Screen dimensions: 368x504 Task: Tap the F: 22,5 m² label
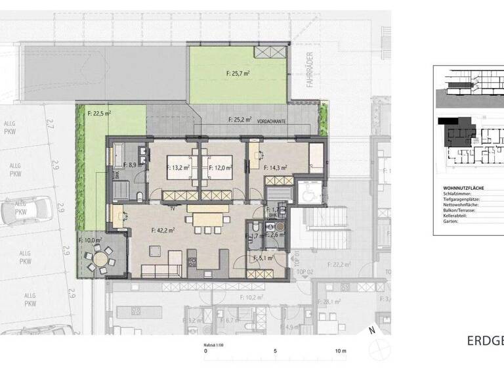click(x=99, y=113)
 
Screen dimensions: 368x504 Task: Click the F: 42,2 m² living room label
click(x=161, y=230)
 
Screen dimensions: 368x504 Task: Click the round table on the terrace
click(x=100, y=261)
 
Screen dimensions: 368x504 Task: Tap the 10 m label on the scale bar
click(x=339, y=351)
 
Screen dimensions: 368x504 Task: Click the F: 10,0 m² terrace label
click(x=90, y=241)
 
